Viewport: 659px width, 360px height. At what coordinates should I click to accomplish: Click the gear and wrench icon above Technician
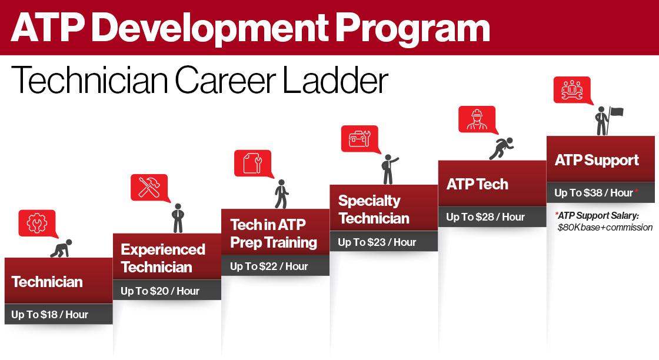pos(37,223)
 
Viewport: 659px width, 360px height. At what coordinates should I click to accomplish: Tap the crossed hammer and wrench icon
pos(149,187)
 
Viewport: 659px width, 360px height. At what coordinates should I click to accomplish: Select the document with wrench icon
pos(252,163)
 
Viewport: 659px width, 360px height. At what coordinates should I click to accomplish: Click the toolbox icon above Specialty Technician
pos(360,138)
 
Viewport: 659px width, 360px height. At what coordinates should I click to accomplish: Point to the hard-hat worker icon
pos(477,120)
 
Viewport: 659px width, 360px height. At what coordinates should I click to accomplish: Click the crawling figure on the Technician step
pos(61,248)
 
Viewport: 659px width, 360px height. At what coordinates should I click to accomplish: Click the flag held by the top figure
pos(617,112)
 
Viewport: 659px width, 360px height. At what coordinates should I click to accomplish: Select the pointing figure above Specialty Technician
pos(389,169)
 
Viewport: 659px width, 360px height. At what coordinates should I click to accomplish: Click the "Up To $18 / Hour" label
pos(49,315)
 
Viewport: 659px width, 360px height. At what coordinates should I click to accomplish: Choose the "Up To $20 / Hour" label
pos(159,291)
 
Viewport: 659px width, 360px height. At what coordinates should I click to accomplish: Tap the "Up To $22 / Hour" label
pos(268,266)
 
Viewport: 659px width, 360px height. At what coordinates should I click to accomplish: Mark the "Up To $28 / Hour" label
pos(485,217)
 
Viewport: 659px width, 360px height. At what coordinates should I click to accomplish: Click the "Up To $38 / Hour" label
pos(594,193)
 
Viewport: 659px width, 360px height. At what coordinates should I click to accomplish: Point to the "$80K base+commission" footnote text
pos(605,228)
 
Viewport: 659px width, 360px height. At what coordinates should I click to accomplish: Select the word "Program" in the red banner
pos(412,29)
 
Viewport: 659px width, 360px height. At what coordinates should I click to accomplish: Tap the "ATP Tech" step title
pos(477,184)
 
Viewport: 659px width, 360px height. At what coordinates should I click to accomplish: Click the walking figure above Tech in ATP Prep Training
pos(282,194)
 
